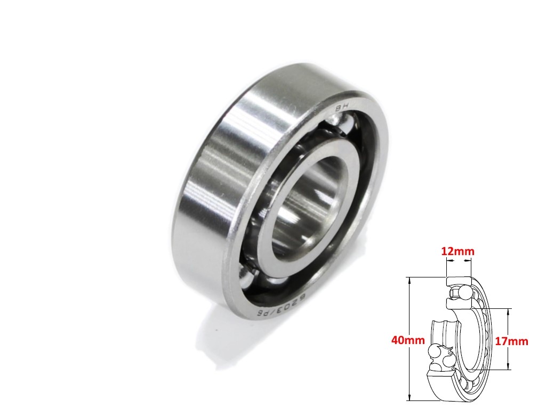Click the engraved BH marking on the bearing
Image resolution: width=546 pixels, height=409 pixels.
pyautogui.click(x=340, y=108)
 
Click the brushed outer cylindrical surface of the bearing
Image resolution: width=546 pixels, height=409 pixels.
pyautogui.click(x=224, y=176)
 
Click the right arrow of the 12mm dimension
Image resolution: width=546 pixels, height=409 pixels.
pyautogui.click(x=470, y=261)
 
